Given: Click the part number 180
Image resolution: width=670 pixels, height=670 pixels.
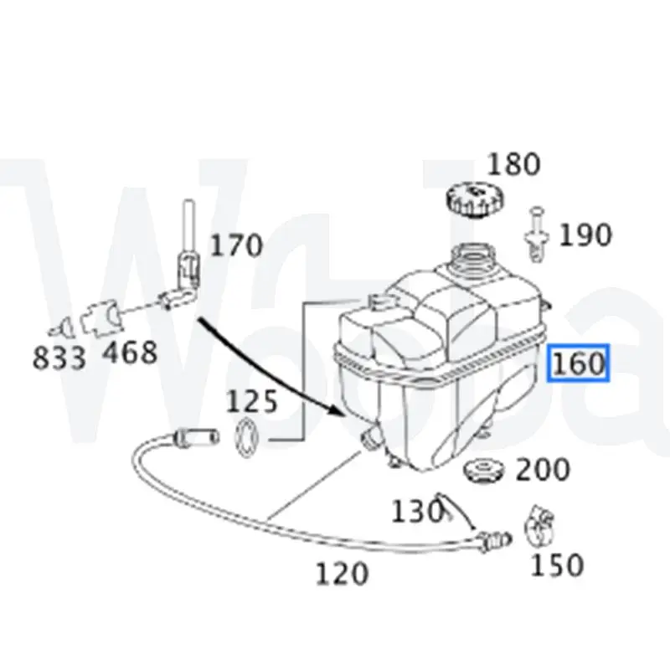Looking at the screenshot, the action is coord(514,163).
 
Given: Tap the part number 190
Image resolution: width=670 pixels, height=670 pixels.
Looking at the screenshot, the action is coord(585,235).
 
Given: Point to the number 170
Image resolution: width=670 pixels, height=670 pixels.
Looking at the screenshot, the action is coord(235,245).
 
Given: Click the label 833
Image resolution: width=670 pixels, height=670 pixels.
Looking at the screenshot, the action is coord(59,358).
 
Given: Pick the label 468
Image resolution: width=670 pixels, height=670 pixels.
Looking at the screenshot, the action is coord(129,353).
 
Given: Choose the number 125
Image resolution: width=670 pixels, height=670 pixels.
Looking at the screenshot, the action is coord(252,401).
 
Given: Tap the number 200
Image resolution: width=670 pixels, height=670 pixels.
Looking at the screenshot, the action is coord(542,470).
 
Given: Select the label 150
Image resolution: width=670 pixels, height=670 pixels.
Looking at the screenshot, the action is coord(557,564).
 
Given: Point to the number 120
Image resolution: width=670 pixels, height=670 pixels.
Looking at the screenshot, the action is coord(342,574).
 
